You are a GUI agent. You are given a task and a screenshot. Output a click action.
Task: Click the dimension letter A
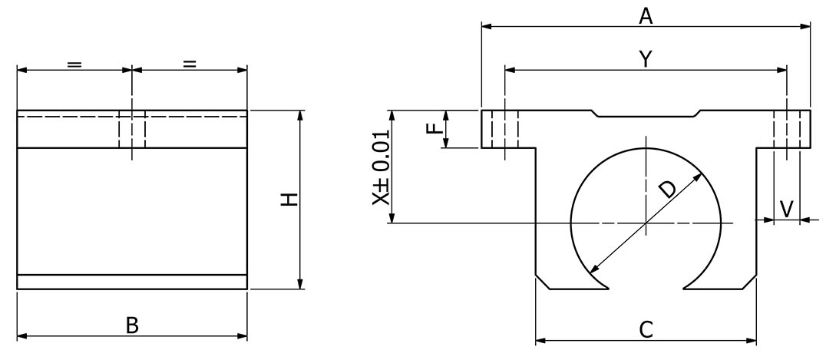tap(646, 15)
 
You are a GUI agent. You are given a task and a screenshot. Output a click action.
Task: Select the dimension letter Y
tap(646, 60)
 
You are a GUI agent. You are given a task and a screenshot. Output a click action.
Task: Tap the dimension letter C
tap(646, 329)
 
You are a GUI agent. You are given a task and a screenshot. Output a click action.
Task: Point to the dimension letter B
tap(132, 325)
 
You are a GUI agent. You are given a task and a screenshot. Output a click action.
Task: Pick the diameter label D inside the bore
tap(668, 188)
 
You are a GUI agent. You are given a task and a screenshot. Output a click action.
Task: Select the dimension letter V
tap(787, 207)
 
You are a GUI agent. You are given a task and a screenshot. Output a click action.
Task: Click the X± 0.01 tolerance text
tap(381, 167)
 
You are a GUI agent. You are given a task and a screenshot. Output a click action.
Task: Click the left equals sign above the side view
tap(74, 64)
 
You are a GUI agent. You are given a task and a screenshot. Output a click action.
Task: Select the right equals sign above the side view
tap(190, 64)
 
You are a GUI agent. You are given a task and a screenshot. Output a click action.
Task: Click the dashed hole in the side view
tap(132, 129)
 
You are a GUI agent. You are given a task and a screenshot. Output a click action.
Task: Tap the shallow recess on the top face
tap(646, 115)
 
